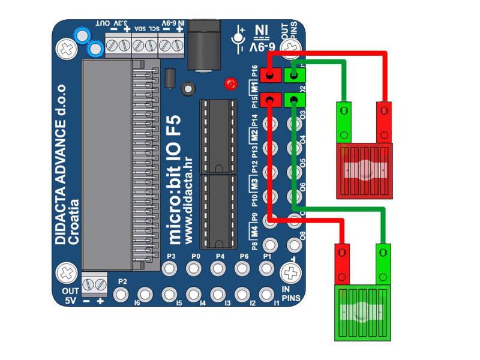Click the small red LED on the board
230,84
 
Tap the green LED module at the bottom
361,313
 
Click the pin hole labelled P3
169,268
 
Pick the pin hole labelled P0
194,268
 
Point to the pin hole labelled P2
122,294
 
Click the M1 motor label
254,86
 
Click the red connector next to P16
271,75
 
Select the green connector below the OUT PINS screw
294,75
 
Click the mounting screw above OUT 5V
67,273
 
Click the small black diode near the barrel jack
170,77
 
